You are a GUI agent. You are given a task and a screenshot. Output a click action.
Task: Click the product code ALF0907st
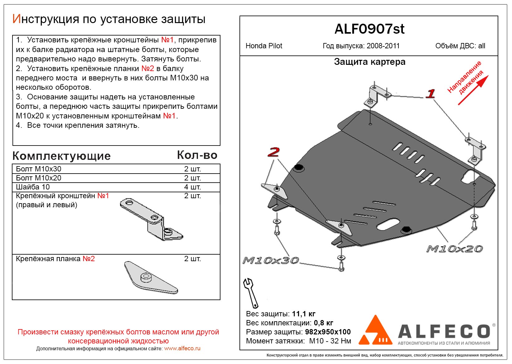click(x=369, y=29)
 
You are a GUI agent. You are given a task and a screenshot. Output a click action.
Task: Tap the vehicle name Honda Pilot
click(x=264, y=46)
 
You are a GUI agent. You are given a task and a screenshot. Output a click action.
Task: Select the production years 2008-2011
click(x=383, y=46)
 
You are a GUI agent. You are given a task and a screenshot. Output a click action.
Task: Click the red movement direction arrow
click(x=473, y=90)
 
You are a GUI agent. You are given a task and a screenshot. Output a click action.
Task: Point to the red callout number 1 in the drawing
click(x=431, y=93)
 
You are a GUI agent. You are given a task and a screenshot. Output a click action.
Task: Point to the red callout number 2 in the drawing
click(x=273, y=152)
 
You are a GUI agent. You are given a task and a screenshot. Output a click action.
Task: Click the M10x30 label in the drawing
click(x=271, y=260)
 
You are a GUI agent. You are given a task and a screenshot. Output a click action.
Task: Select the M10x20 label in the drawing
click(x=454, y=249)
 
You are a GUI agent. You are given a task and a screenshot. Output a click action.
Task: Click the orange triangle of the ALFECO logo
click(x=375, y=331)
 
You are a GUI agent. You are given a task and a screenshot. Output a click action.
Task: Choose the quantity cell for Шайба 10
click(x=192, y=187)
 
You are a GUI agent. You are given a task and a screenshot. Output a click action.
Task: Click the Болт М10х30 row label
click(x=39, y=169)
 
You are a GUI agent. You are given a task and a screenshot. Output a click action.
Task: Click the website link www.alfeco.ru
click(x=182, y=348)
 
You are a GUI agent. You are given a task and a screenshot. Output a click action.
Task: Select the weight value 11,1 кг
click(x=304, y=314)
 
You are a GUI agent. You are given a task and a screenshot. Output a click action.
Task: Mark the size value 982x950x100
click(x=328, y=332)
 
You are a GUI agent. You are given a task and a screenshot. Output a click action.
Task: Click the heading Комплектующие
click(x=61, y=156)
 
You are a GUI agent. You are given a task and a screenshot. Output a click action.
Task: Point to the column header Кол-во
click(x=197, y=155)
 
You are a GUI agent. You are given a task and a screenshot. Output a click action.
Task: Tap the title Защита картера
click(x=370, y=62)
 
